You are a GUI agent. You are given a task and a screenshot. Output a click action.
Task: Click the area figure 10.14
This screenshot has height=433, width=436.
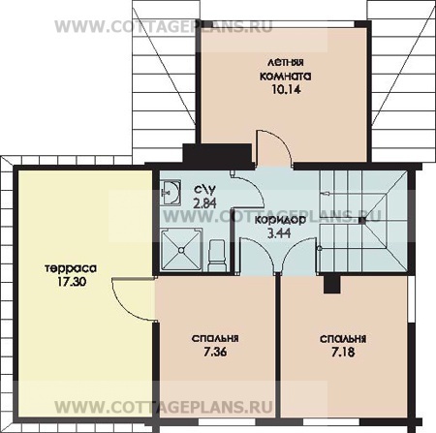(x=286, y=89)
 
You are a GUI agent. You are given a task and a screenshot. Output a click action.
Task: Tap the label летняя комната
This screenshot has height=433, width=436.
(x=286, y=70)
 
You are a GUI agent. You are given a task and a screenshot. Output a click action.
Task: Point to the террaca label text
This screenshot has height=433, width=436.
(x=71, y=268)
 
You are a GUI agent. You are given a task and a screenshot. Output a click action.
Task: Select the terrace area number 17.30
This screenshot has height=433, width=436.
(x=72, y=282)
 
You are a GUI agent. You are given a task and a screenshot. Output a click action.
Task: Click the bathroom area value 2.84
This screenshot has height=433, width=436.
(x=204, y=203)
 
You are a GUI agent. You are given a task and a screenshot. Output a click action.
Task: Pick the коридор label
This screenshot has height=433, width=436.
(x=280, y=221)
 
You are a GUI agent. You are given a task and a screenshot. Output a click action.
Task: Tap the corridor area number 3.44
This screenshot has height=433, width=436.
(x=279, y=232)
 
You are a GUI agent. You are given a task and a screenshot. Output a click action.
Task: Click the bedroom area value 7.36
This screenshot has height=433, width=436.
(x=215, y=352)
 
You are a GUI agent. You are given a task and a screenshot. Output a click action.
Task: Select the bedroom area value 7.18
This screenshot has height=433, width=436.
(x=343, y=352)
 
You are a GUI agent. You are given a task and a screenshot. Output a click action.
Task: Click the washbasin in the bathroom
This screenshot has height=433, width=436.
(x=171, y=193)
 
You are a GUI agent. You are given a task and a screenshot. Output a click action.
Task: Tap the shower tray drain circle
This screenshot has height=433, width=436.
(x=181, y=250)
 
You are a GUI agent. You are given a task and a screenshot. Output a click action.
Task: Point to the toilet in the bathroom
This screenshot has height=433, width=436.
(x=217, y=256)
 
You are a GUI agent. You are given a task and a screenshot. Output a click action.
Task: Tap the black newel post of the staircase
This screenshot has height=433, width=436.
(x=362, y=221)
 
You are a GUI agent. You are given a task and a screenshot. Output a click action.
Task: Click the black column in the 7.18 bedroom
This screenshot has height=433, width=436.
(x=331, y=285)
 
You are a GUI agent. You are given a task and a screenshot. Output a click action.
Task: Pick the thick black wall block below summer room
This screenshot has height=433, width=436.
(x=217, y=156)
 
